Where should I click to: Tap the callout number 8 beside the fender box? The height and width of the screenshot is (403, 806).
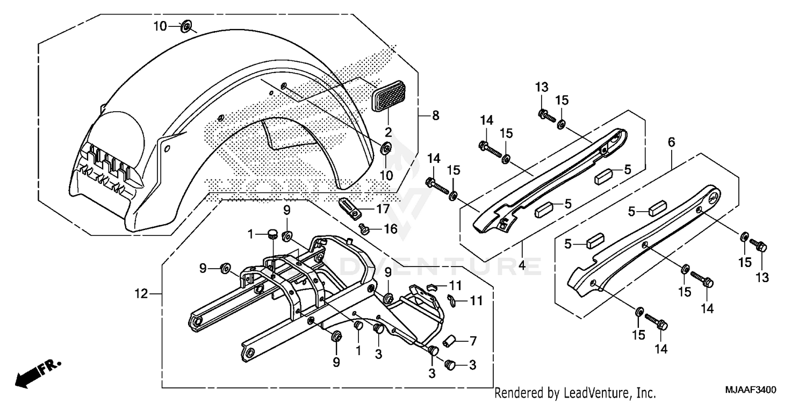click(435, 115)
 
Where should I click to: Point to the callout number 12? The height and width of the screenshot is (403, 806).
click(141, 294)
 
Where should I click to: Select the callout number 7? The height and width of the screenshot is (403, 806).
click(473, 341)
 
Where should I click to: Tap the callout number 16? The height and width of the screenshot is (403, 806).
click(391, 229)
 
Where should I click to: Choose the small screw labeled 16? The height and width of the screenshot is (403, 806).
click(363, 229)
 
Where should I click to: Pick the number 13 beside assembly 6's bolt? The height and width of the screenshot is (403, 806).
click(762, 278)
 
